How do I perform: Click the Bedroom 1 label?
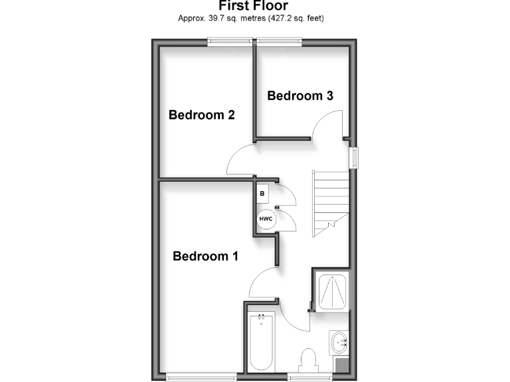[205, 256]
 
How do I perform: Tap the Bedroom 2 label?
[201, 115]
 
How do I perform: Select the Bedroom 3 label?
[299, 95]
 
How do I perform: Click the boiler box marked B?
[262, 193]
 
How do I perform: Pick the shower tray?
[330, 291]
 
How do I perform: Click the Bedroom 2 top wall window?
[229, 42]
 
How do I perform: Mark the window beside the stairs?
[355, 157]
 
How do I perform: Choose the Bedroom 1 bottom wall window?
[201, 377]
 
